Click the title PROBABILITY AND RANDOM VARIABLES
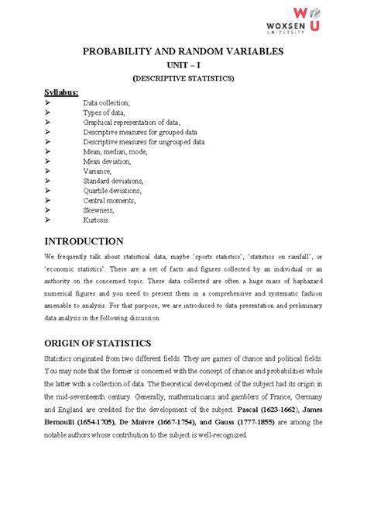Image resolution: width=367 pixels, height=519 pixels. [183, 52]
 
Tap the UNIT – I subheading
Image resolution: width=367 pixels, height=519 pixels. [183, 66]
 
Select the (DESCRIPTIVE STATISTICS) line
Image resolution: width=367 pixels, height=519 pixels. [183, 79]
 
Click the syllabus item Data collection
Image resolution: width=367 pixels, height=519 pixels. [107, 102]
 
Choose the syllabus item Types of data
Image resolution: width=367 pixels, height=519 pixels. [104, 112]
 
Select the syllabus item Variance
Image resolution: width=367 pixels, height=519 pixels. [100, 171]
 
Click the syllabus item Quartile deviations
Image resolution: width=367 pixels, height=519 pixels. [113, 190]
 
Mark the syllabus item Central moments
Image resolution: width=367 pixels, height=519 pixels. [110, 200]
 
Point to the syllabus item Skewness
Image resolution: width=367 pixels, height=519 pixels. [99, 209]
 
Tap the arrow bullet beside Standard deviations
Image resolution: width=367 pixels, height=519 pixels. [48, 181]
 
